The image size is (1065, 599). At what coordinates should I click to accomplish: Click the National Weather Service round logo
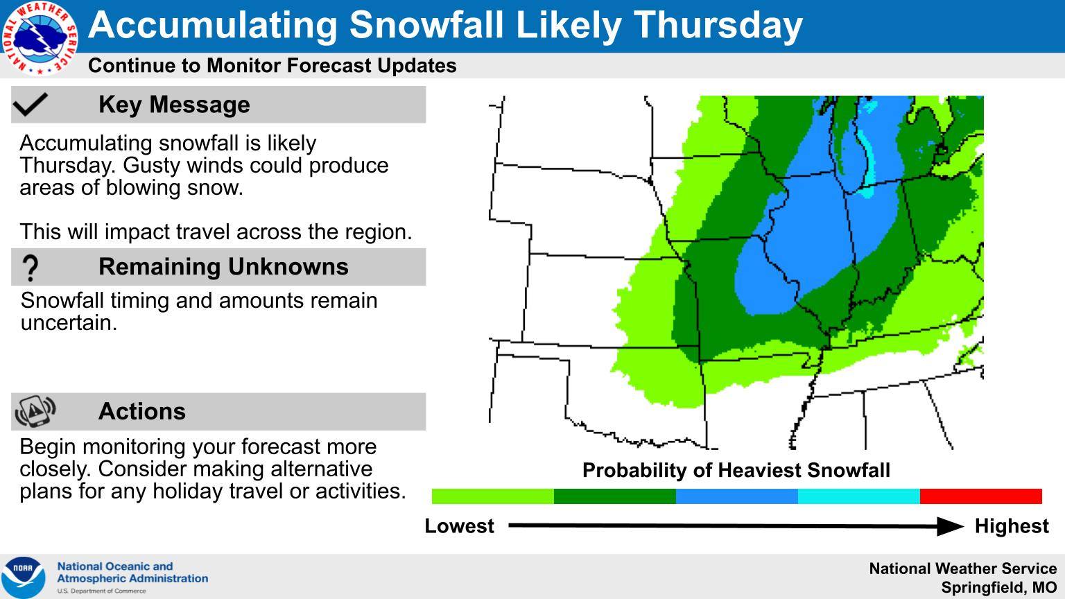pyautogui.click(x=40, y=39)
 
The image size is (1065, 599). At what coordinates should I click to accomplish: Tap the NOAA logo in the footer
pyautogui.click(x=24, y=577)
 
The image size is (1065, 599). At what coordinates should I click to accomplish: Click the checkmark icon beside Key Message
pyautogui.click(x=31, y=104)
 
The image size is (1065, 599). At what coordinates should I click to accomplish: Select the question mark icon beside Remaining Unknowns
pyautogui.click(x=31, y=268)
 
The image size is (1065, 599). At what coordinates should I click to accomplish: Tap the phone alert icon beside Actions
pyautogui.click(x=35, y=411)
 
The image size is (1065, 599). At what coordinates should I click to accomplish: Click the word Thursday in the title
pyautogui.click(x=718, y=26)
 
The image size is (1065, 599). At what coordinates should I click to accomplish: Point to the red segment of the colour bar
pyautogui.click(x=981, y=496)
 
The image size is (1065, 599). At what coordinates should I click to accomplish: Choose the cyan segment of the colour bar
pyautogui.click(x=858, y=496)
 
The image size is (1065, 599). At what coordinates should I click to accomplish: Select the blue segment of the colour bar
pyautogui.click(x=737, y=496)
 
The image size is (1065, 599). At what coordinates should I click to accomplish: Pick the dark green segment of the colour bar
pyautogui.click(x=615, y=496)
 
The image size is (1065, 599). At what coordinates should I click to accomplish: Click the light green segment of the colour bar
pyautogui.click(x=492, y=496)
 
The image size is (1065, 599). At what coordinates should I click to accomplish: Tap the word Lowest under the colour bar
pyautogui.click(x=459, y=526)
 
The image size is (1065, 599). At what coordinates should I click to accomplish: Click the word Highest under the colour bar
pyautogui.click(x=1012, y=526)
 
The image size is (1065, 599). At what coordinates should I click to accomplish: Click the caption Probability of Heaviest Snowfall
pyautogui.click(x=736, y=470)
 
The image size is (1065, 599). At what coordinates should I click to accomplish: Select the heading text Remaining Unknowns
pyautogui.click(x=223, y=267)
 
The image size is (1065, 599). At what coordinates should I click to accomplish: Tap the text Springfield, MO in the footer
pyautogui.click(x=999, y=588)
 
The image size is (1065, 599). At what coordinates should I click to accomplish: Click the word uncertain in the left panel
pyautogui.click(x=69, y=323)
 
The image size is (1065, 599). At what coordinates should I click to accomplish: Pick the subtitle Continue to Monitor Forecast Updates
pyautogui.click(x=272, y=66)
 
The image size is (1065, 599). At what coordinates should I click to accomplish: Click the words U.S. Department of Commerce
pyautogui.click(x=102, y=591)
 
